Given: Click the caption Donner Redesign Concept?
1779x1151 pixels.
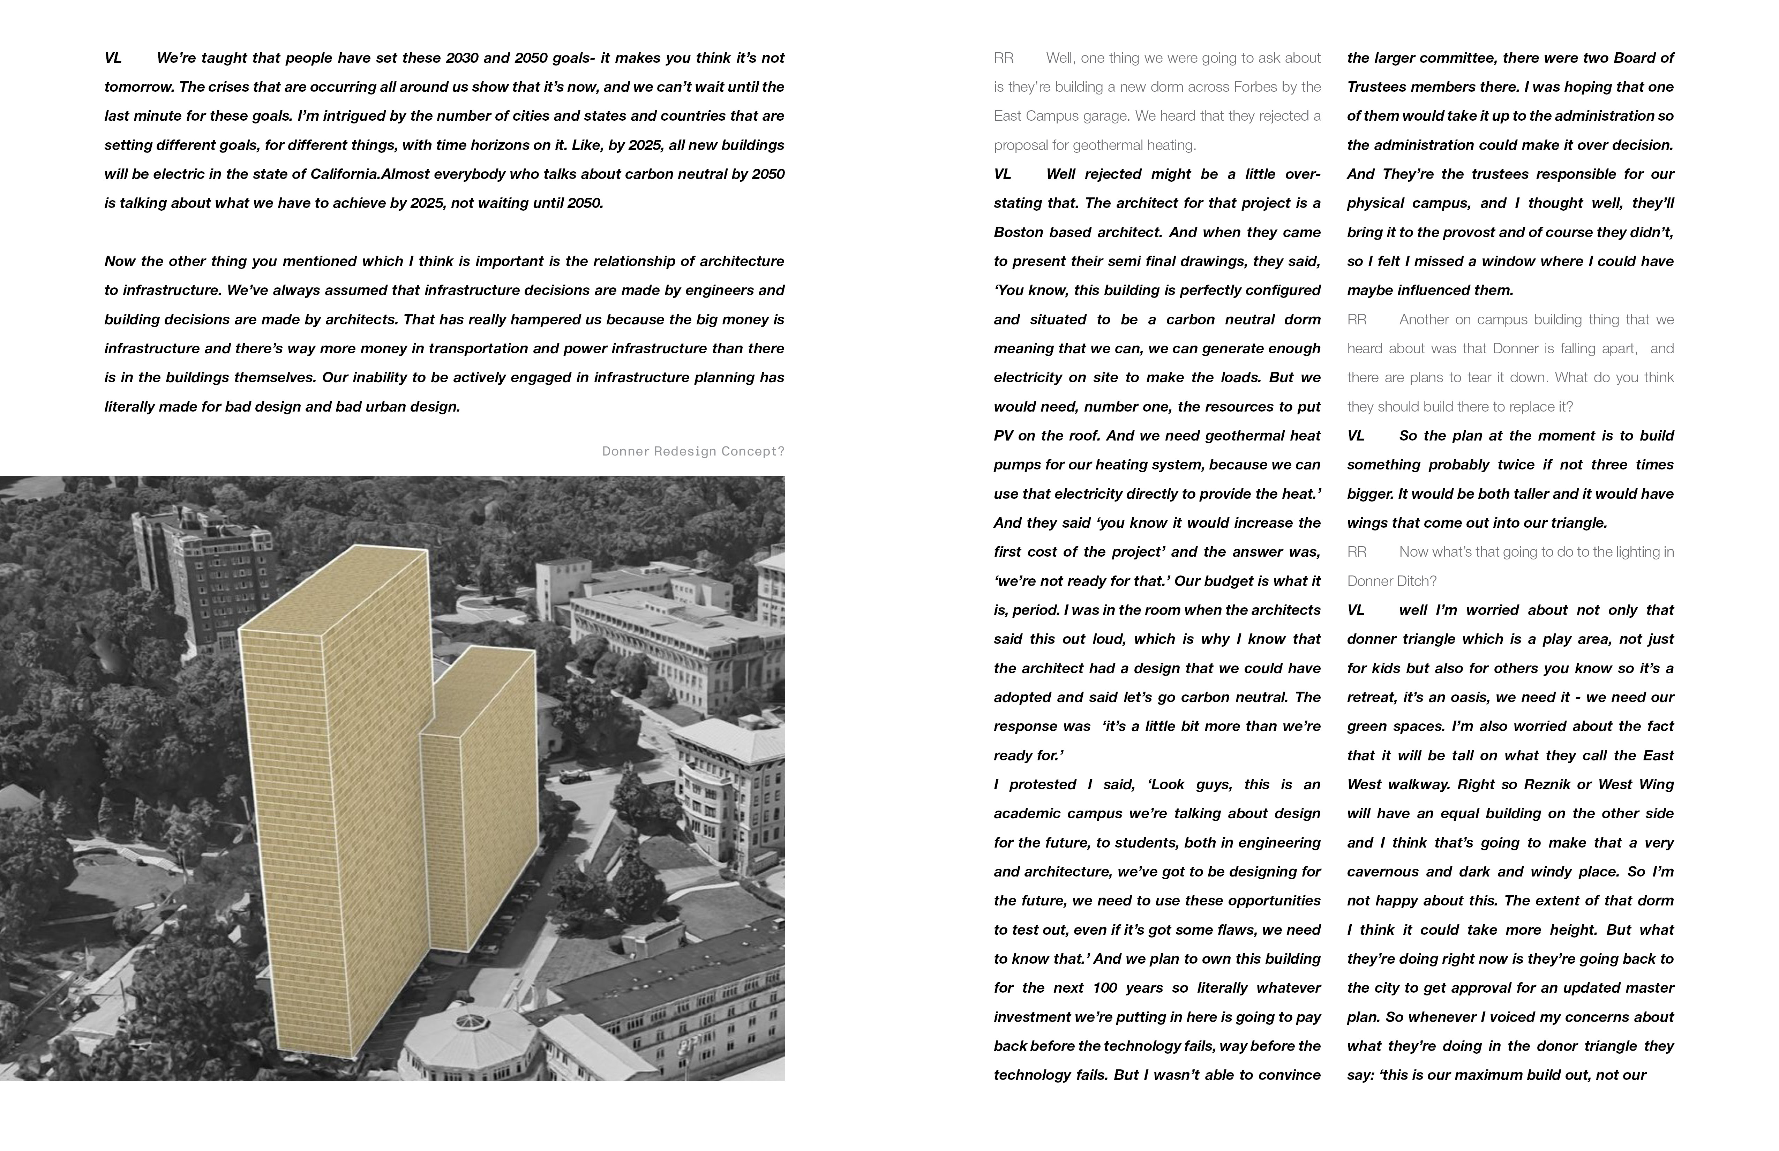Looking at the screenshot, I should click(693, 451).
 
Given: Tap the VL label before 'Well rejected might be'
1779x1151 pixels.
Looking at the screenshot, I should click(1003, 174).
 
